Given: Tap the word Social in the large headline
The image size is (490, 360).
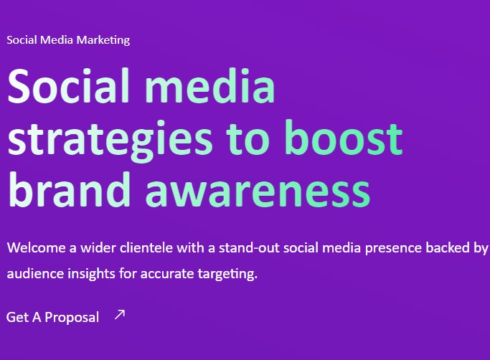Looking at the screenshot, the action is [68, 85].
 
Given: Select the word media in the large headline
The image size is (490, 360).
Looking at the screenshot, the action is [210, 85].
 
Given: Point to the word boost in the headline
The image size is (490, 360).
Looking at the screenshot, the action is [344, 138].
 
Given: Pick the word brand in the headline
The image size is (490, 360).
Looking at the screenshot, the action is [69, 189].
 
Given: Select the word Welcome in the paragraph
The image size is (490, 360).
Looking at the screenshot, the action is [37, 248].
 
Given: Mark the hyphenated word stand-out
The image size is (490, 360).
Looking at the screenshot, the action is [249, 248].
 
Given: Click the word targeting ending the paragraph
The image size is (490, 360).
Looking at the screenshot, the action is [227, 275].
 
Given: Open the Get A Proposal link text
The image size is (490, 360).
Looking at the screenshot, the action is [52, 318].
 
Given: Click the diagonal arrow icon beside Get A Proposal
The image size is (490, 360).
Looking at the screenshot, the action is [120, 315].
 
